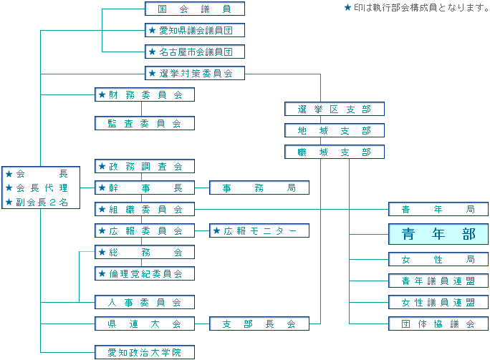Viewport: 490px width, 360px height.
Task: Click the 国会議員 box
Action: tap(194, 9)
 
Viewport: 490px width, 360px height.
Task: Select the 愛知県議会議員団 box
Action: tap(194, 30)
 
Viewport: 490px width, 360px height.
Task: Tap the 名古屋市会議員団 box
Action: tap(194, 52)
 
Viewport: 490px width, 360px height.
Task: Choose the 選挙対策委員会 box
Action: tap(194, 73)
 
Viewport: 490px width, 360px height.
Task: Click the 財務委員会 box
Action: tap(145, 94)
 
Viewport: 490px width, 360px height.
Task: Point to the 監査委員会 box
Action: tap(145, 123)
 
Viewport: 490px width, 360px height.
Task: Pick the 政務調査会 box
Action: tap(145, 166)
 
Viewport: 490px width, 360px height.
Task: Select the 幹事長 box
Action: tap(145, 188)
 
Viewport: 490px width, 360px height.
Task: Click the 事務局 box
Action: tap(259, 188)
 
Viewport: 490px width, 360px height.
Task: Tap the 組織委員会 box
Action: tap(145, 209)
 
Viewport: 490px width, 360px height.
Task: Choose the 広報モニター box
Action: tap(259, 230)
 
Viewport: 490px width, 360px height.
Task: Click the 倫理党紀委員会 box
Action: tap(145, 273)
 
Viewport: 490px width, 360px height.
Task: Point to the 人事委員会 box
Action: tap(145, 302)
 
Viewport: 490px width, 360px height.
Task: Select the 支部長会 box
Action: tap(259, 323)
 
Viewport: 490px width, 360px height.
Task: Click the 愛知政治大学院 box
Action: tap(145, 352)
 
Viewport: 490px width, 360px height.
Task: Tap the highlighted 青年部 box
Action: tap(438, 234)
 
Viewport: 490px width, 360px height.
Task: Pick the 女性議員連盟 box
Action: tap(438, 302)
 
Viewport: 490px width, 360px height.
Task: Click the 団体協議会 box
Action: tap(438, 323)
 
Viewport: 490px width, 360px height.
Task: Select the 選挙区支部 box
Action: tap(335, 109)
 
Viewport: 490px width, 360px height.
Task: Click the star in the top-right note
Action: tap(348, 8)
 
